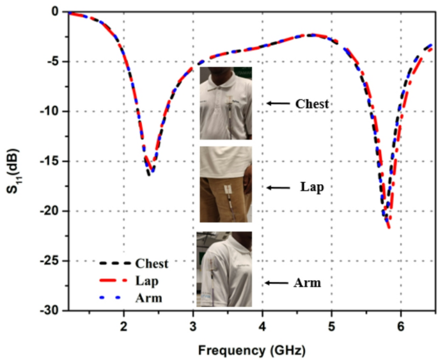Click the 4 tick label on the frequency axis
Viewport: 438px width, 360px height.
click(262, 325)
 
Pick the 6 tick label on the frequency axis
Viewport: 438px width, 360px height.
click(401, 325)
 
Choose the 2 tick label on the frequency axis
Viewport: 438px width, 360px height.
click(123, 325)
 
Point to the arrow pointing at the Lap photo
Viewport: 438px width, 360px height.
click(278, 187)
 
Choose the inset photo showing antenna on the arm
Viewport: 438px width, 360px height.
click(224, 269)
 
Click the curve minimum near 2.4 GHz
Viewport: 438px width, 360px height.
click(150, 173)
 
